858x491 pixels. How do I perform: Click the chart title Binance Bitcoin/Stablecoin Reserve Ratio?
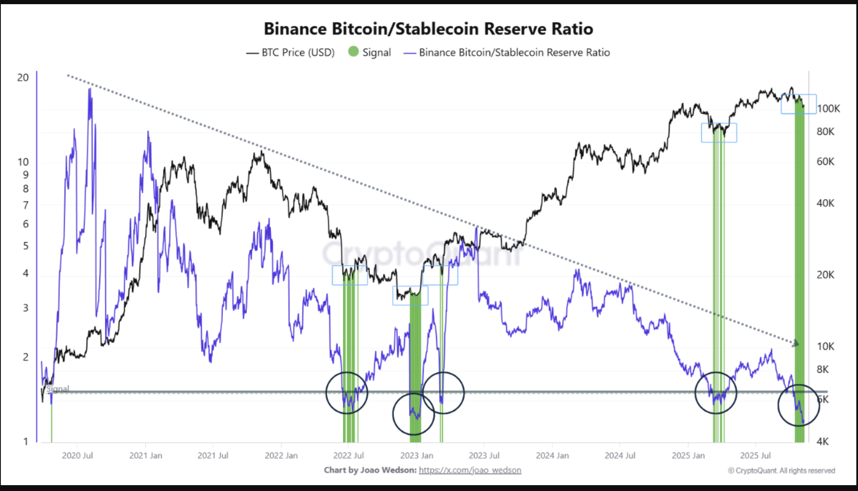[428, 29]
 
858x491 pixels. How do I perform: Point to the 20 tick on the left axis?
[23, 78]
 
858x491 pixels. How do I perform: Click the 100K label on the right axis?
[828, 109]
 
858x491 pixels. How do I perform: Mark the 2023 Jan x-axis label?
[416, 456]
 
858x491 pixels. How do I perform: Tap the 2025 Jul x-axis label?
[755, 456]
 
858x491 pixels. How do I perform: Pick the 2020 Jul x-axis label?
[77, 456]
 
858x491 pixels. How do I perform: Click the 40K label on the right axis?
[825, 203]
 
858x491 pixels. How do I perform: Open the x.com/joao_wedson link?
[470, 470]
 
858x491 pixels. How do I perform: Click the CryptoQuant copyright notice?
[781, 471]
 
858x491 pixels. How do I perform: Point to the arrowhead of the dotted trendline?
[796, 343]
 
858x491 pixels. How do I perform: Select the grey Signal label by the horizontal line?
[58, 389]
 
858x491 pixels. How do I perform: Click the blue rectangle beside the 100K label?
[798, 104]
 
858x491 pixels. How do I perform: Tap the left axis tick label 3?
[25, 308]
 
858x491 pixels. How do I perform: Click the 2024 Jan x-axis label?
[552, 456]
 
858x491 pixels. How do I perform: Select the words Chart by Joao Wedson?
[370, 470]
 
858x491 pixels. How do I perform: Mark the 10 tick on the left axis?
[23, 162]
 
